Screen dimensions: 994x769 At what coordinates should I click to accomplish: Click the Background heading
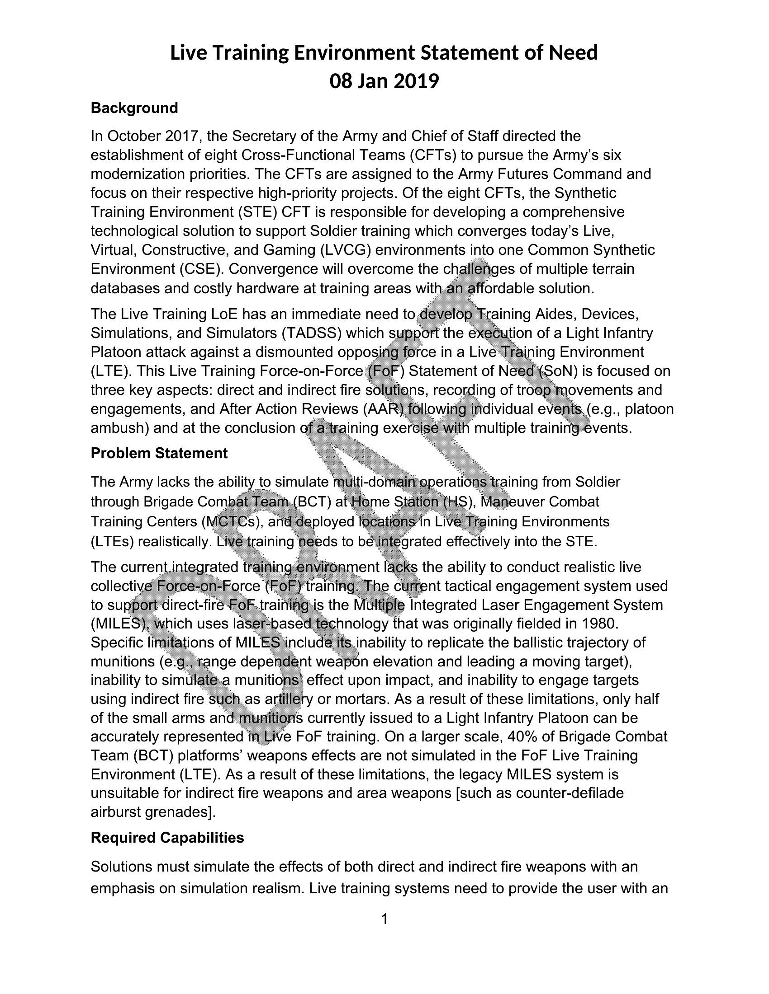coord(134,108)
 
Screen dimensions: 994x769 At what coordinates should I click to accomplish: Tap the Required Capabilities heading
coord(167,837)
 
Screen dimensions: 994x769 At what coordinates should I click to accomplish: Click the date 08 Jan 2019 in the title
coord(384,81)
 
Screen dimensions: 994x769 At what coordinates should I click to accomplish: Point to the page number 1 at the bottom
coord(384,919)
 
